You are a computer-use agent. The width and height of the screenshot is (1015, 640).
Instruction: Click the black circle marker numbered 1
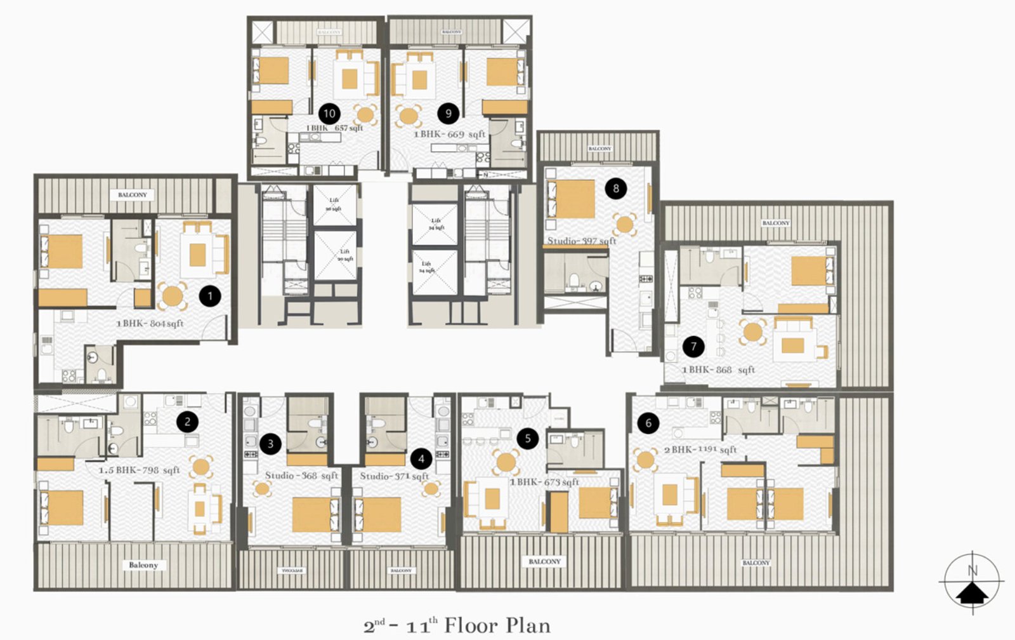pyautogui.click(x=210, y=296)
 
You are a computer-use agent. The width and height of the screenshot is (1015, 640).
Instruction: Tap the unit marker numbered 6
pyautogui.click(x=648, y=423)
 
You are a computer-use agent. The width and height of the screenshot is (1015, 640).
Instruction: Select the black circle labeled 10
pyautogui.click(x=329, y=114)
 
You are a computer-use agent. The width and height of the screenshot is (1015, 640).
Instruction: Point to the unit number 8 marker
pyautogui.click(x=615, y=188)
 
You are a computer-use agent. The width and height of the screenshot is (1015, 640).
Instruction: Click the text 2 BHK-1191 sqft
pyautogui.click(x=700, y=449)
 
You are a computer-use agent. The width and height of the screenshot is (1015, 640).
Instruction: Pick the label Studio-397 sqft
pyautogui.click(x=582, y=241)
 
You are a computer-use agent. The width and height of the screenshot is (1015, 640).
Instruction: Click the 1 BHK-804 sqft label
pyautogui.click(x=150, y=323)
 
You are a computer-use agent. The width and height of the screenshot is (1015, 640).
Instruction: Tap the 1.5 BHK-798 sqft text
pyautogui.click(x=139, y=470)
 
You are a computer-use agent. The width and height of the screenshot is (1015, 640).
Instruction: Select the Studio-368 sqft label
pyautogui.click(x=301, y=476)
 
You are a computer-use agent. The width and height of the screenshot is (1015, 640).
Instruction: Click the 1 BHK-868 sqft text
pyautogui.click(x=718, y=370)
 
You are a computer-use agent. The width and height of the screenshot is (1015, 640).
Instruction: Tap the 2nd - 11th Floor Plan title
pyautogui.click(x=457, y=625)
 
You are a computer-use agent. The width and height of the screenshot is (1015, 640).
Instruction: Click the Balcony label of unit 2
pyautogui.click(x=143, y=564)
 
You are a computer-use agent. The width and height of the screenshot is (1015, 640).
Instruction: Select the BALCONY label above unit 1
pyautogui.click(x=133, y=195)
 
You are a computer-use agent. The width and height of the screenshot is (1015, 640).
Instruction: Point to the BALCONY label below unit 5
pyautogui.click(x=544, y=561)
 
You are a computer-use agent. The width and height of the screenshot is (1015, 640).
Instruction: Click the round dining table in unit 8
pyautogui.click(x=625, y=223)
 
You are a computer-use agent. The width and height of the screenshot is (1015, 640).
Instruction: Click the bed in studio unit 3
pyautogui.click(x=311, y=514)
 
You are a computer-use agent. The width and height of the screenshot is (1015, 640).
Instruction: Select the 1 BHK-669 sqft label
pyautogui.click(x=449, y=135)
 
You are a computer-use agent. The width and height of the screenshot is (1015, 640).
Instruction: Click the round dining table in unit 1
pyautogui.click(x=172, y=296)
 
